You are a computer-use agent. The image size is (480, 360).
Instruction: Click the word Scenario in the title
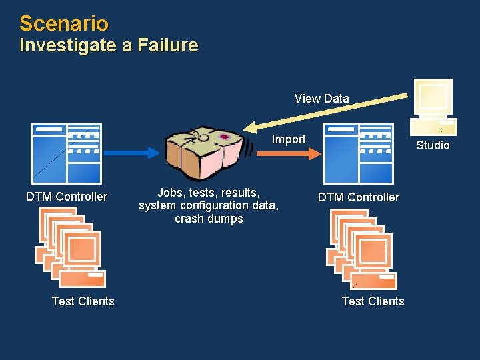63,23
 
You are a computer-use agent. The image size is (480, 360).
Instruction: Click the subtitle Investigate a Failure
109,45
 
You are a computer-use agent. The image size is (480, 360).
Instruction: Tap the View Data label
321,99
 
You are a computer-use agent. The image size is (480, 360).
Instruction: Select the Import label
288,139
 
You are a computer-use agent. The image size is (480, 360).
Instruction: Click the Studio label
433,145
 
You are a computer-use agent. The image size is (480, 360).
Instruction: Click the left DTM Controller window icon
67,153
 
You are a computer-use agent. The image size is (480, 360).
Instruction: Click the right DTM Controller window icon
359,153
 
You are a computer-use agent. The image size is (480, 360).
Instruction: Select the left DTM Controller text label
66,197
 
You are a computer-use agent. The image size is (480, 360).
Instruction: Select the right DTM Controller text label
358,197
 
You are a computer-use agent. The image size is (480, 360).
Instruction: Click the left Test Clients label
83,301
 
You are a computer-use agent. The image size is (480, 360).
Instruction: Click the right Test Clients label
373,301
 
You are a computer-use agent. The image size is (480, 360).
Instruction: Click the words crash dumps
209,219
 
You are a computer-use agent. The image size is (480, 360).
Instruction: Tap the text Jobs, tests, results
209,192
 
